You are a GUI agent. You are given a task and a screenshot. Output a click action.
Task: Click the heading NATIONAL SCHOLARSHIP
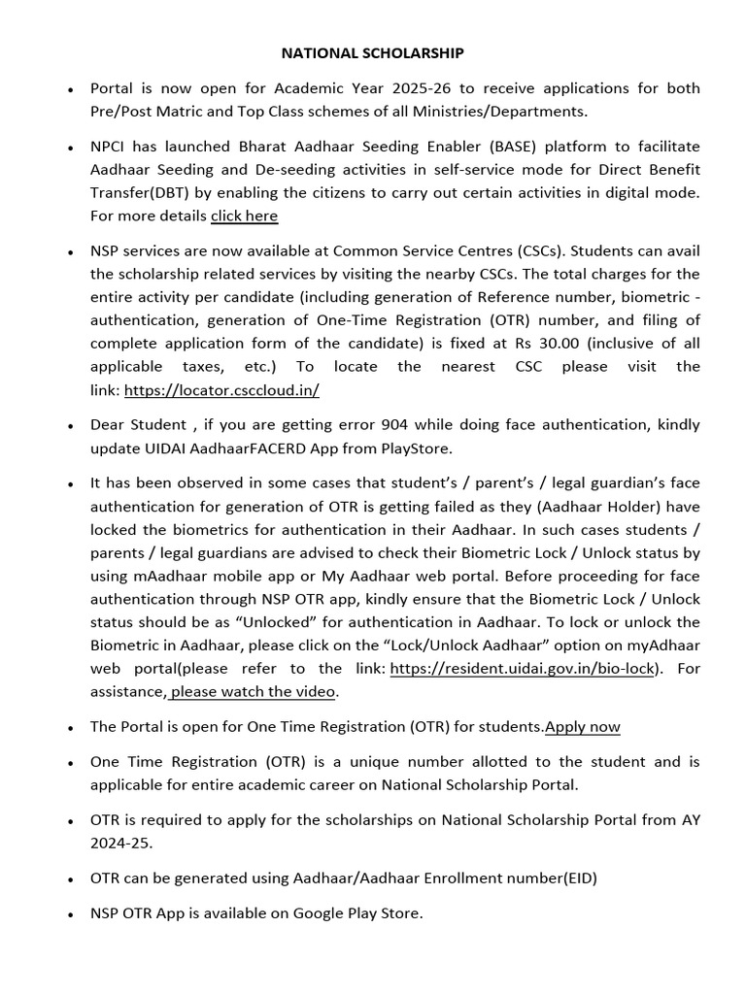[x=373, y=52]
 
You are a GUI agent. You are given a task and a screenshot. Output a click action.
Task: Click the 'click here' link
[x=244, y=215]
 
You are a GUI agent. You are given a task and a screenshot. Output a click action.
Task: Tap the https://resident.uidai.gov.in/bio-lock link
[x=524, y=669]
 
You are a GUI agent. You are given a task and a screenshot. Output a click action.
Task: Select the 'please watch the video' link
[x=253, y=692]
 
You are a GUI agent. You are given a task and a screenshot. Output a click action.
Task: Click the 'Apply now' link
[x=583, y=727]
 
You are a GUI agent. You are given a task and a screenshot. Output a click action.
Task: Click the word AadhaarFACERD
[x=248, y=448]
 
